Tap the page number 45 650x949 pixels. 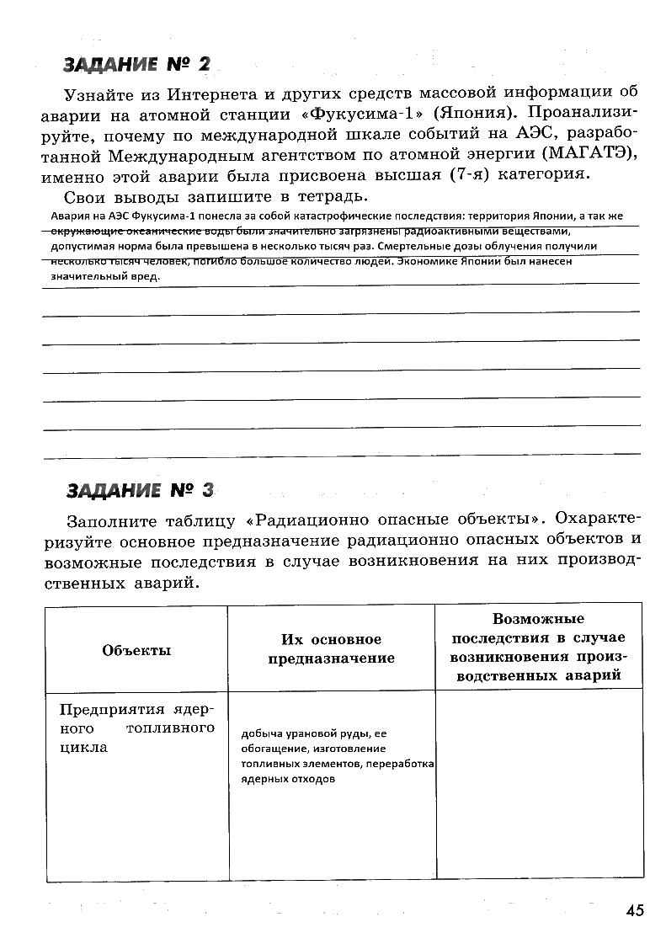(x=634, y=909)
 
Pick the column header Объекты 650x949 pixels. (x=136, y=650)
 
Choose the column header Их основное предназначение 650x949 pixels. (x=331, y=649)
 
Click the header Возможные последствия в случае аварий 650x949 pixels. (x=536, y=647)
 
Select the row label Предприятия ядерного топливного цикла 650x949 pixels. (x=136, y=727)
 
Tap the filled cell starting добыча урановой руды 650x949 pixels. (x=335, y=755)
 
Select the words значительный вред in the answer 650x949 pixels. (x=104, y=275)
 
